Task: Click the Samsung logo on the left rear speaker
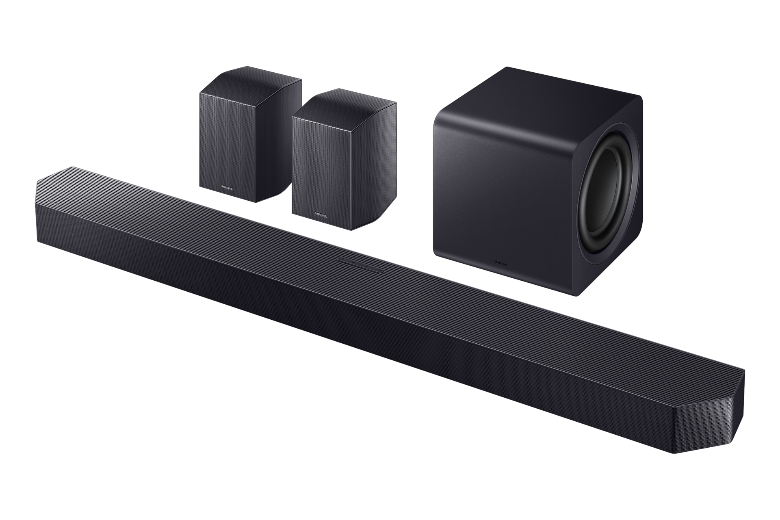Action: [227, 188]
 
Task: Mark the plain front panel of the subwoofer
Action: [504, 195]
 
